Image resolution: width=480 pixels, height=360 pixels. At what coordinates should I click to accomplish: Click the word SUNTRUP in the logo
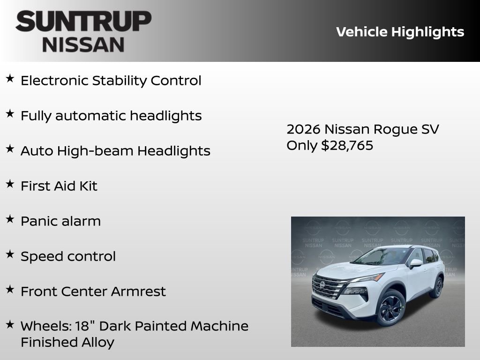[83, 22]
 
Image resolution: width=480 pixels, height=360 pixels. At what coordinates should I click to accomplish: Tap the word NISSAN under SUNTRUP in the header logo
[83, 45]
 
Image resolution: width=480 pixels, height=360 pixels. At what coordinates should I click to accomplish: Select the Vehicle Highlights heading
[400, 32]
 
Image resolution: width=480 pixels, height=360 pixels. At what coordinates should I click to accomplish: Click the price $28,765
[347, 145]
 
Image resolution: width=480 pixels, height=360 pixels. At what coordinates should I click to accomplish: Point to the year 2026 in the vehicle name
[303, 129]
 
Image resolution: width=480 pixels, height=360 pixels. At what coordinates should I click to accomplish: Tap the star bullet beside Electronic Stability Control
[10, 79]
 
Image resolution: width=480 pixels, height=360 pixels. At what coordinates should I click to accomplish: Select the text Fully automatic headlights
[111, 116]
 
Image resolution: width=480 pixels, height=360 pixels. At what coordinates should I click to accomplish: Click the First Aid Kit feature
[59, 186]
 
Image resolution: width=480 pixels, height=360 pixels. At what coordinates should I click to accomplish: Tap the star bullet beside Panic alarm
[10, 219]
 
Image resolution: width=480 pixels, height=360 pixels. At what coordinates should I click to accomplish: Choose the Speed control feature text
[68, 256]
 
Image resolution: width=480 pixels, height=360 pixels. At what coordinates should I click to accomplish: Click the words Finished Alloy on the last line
[67, 342]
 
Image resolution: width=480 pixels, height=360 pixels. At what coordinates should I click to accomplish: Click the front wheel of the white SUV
[390, 308]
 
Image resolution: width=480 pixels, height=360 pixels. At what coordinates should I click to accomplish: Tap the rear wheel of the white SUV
[437, 287]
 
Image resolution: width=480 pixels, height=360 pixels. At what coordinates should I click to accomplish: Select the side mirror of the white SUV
[415, 263]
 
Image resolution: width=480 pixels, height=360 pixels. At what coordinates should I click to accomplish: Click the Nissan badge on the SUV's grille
[322, 285]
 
